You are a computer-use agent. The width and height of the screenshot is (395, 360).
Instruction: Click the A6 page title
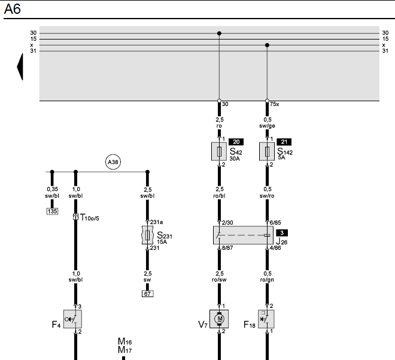pos(12,9)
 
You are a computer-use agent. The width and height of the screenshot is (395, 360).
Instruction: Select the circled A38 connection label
pos(113,162)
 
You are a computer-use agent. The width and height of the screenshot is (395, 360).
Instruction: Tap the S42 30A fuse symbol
pos(219,152)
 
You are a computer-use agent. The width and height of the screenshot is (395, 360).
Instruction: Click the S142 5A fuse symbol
pos(267,152)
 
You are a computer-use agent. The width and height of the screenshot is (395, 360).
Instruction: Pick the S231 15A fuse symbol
pos(148,235)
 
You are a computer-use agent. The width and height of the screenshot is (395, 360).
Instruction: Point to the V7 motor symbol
pos(219,319)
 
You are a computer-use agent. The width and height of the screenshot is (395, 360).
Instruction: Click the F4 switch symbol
pos(72,319)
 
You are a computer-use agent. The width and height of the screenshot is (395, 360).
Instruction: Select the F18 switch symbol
pos(266,319)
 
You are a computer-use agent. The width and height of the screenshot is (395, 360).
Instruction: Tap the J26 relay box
pos(243,235)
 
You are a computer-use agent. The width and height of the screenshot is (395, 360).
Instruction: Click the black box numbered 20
pos(236,142)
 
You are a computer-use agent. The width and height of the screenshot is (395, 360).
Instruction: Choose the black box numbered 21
pos(284,142)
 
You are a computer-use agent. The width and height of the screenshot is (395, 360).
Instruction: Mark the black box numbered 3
pos(282,232)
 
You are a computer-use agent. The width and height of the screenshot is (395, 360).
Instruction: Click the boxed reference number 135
pos(53,211)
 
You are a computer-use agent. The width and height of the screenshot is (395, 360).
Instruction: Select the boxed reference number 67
pos(148,294)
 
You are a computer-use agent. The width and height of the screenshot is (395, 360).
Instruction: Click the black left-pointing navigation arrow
pos(20,67)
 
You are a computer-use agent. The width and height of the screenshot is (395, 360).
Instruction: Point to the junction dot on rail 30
pos(219,34)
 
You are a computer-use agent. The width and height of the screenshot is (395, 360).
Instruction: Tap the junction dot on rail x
pos(267,45)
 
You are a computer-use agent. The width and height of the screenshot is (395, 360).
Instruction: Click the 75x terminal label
pos(274,104)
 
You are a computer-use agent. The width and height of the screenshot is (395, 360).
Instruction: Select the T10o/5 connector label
pos(89,217)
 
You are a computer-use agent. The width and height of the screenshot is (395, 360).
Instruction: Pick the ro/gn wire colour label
pos(267,280)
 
